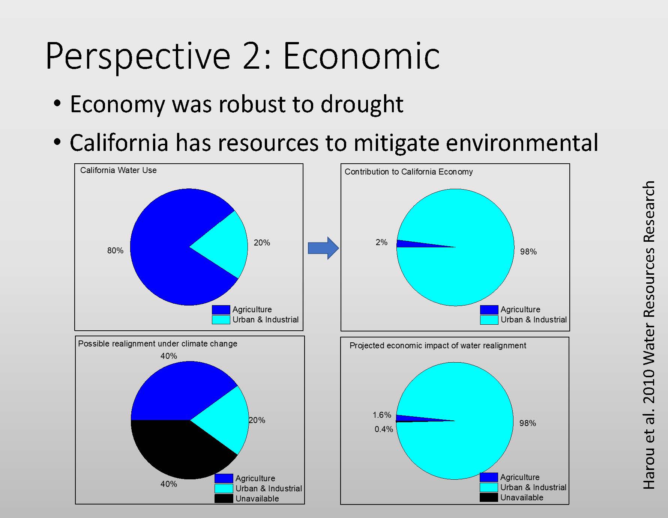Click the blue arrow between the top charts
[x=323, y=248]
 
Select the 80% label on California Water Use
[x=115, y=250]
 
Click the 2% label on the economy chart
[x=381, y=242]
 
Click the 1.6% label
[x=382, y=415]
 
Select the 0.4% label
[x=384, y=429]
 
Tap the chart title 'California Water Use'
[x=118, y=170]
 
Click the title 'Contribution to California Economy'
[x=408, y=172]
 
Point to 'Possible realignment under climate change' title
[x=158, y=344]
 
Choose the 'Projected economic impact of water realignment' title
[x=438, y=346]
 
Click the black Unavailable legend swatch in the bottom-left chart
[x=224, y=498]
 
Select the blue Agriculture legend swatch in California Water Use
[x=221, y=310]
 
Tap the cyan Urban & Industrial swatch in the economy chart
[x=489, y=320]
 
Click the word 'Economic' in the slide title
[x=361, y=56]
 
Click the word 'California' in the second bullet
[x=119, y=143]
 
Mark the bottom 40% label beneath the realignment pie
[x=169, y=484]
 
